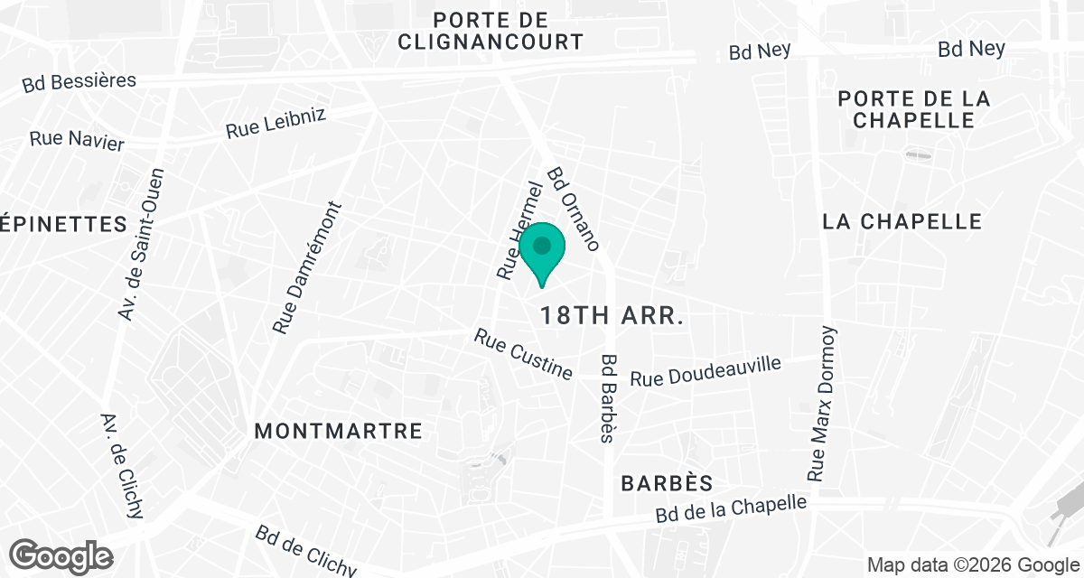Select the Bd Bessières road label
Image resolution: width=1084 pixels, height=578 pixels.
click(x=79, y=82)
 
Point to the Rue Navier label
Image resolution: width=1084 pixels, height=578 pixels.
click(x=77, y=140)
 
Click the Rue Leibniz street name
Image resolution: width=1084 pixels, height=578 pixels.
click(x=276, y=123)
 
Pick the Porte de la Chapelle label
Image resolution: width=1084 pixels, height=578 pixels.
click(x=913, y=109)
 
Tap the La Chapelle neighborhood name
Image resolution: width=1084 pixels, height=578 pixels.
click(x=902, y=221)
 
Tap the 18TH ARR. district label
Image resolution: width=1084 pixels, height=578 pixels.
click(x=611, y=316)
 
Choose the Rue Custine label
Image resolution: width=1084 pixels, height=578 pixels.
click(x=524, y=354)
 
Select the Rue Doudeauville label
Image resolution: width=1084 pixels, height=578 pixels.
click(x=705, y=370)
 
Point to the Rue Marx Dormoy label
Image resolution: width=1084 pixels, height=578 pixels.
click(x=824, y=403)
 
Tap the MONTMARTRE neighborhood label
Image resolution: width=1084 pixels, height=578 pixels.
click(x=339, y=431)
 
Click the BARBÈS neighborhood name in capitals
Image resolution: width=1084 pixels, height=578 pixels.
click(x=668, y=483)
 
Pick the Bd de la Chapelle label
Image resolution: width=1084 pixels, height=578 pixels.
click(x=731, y=510)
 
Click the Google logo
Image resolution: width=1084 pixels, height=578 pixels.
click(x=61, y=555)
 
